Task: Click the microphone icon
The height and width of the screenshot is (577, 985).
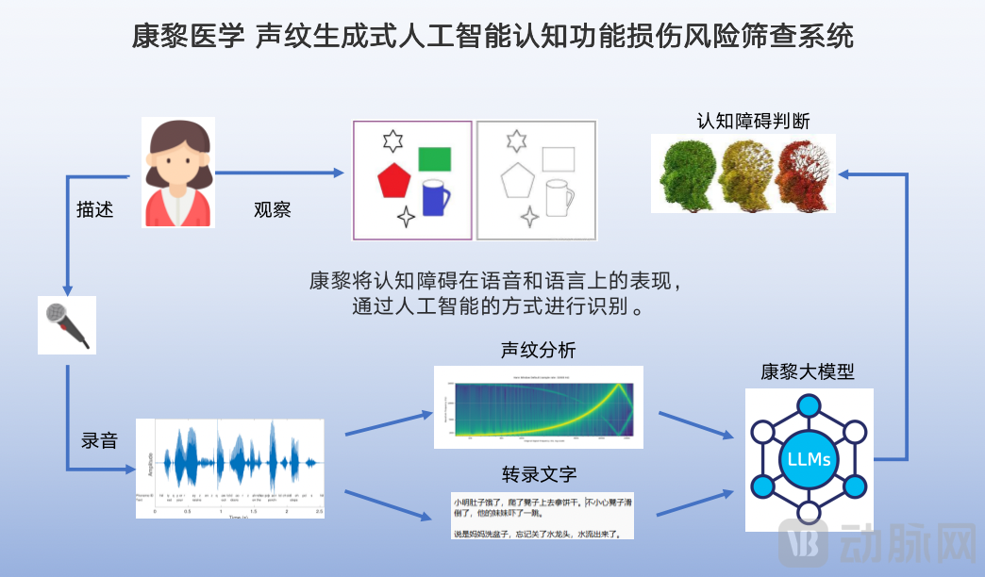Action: click(x=66, y=325)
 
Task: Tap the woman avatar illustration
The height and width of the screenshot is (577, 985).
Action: click(x=178, y=173)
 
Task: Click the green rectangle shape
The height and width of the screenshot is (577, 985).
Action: click(x=434, y=158)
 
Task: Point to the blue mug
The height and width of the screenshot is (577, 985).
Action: click(x=434, y=197)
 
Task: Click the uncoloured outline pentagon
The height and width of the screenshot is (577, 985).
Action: click(x=517, y=179)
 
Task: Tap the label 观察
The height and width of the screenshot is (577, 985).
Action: click(x=272, y=209)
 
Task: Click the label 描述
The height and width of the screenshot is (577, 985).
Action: click(x=94, y=209)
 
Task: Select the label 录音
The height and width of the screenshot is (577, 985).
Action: click(x=99, y=439)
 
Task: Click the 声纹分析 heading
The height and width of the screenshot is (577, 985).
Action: click(x=538, y=351)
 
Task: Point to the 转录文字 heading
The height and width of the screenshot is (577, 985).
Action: click(x=539, y=473)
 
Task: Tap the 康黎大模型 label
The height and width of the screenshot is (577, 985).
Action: click(x=808, y=371)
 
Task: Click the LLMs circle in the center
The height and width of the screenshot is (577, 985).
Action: click(x=809, y=460)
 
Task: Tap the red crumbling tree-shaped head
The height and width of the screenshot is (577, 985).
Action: click(x=804, y=174)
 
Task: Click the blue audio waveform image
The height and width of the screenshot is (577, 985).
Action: click(x=230, y=464)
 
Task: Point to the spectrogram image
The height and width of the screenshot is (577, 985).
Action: click(x=538, y=406)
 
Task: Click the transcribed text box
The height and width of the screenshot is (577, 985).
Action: click(x=542, y=515)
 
